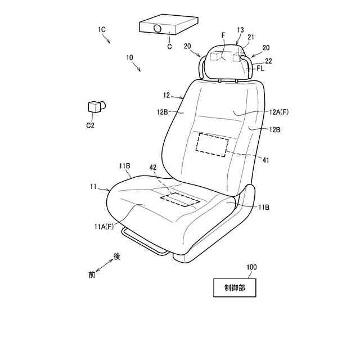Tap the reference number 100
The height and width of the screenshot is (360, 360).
coord(251,267)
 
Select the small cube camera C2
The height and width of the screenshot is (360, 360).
coord(95,106)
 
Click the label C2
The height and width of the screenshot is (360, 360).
coord(90,125)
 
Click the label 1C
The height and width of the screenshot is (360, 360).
coord(102,28)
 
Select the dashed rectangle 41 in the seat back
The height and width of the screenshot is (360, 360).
coord(212,145)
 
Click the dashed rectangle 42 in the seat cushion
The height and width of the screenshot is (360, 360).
coord(181,199)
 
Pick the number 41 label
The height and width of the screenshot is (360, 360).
coord(266,160)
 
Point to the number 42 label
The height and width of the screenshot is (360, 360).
coord(153,168)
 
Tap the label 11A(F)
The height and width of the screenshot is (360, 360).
coord(103,227)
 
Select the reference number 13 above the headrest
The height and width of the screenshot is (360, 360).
coord(241,29)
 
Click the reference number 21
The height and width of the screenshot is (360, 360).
coord(251,37)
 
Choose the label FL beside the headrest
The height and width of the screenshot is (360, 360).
coord(260,68)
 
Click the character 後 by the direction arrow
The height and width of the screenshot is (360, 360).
coord(117,256)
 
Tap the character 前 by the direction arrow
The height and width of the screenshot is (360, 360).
coord(92,275)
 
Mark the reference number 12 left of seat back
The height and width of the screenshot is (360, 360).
coord(166,95)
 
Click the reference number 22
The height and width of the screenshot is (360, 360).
coord(268,60)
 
